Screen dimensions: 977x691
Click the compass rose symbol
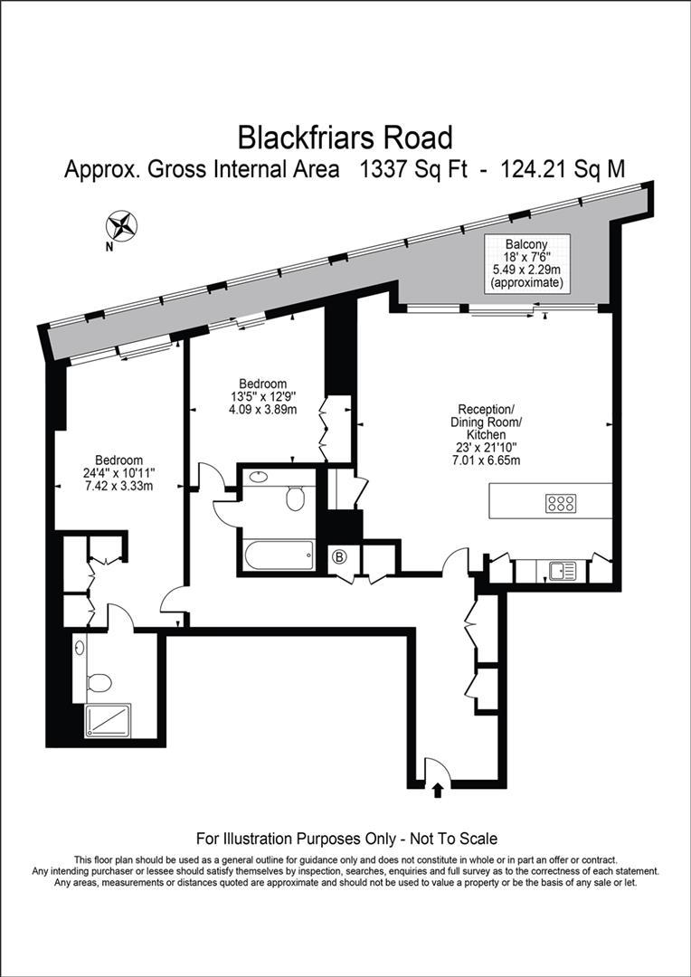[122, 223]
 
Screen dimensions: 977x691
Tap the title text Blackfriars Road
[345, 138]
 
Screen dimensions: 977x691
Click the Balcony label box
[526, 263]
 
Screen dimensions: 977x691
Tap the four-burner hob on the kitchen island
[561, 504]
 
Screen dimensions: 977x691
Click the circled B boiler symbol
[341, 555]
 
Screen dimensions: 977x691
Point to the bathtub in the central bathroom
[277, 554]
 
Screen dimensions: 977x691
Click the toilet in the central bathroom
[296, 497]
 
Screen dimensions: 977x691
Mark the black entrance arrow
[438, 791]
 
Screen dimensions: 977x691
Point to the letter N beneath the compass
[109, 245]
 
